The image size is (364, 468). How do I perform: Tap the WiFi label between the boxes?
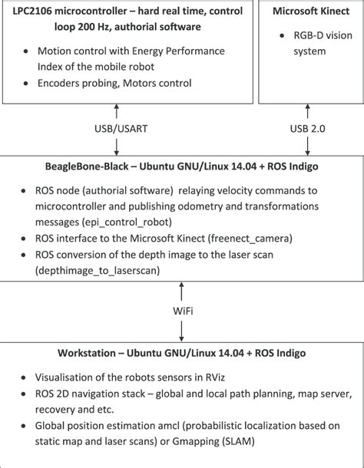click(x=181, y=311)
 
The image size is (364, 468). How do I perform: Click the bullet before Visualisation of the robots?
click(x=25, y=378)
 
